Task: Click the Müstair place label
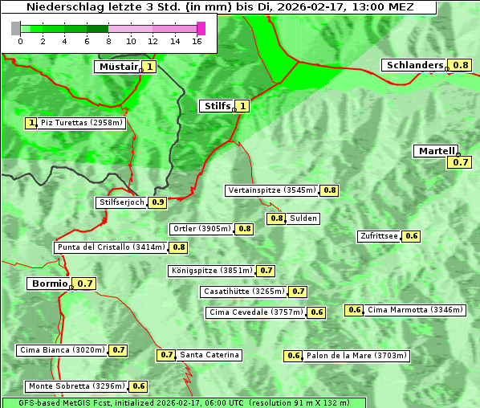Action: click(117, 67)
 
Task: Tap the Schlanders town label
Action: click(413, 65)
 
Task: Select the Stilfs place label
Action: click(216, 105)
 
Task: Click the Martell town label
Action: click(436, 151)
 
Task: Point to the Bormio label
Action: click(49, 284)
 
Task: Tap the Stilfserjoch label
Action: click(122, 202)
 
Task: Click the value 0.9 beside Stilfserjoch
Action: click(158, 202)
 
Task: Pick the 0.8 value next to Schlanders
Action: click(461, 65)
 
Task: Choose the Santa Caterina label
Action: click(209, 355)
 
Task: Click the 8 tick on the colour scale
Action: click(108, 41)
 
